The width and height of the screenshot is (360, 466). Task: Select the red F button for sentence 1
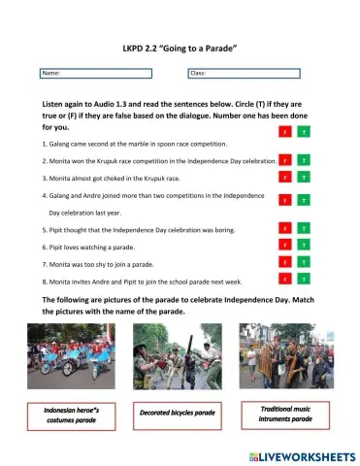pyautogui.click(x=284, y=131)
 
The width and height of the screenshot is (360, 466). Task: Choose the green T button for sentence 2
pyautogui.click(x=304, y=159)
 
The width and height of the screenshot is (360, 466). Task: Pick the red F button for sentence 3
pyautogui.click(x=284, y=178)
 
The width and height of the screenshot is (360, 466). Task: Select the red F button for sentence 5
pyautogui.click(x=284, y=228)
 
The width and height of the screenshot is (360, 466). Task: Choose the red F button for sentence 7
pyautogui.click(x=284, y=262)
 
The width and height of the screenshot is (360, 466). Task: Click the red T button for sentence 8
pyautogui.click(x=284, y=280)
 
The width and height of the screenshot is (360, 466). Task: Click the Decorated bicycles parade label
pyautogui.click(x=179, y=413)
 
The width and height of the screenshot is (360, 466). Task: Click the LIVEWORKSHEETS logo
pyautogui.click(x=291, y=454)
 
